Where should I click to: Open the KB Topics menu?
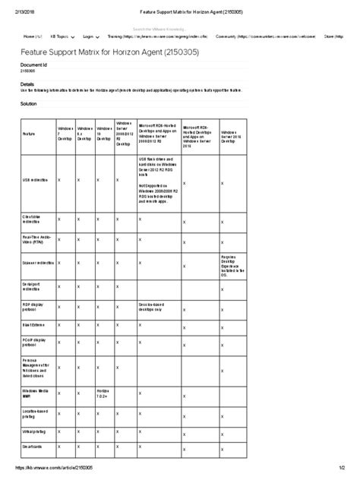coord(61,36)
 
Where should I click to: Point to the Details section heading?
coord(27,84)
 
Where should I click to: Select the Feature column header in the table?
coord(30,134)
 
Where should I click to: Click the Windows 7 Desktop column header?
coord(66,134)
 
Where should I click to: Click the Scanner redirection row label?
coord(39,262)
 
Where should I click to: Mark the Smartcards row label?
coord(32,447)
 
